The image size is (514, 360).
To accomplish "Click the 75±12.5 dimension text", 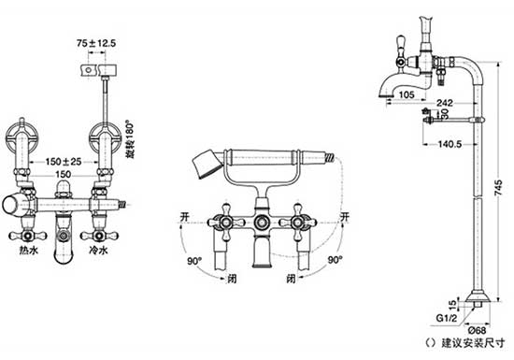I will point(97,43).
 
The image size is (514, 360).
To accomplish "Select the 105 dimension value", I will point(407,94).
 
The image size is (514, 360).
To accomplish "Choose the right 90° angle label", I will point(332,263).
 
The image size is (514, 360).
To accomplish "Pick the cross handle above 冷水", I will point(97,228).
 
